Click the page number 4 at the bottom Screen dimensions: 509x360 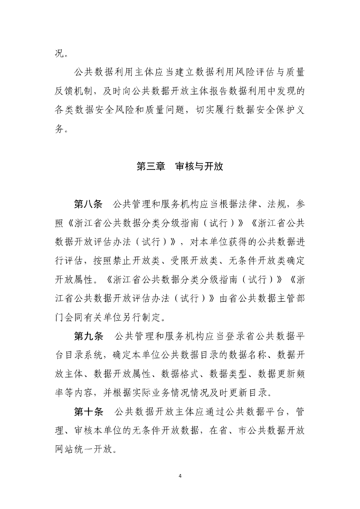180,476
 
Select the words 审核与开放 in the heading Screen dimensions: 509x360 199,167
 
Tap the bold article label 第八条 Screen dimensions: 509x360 88,204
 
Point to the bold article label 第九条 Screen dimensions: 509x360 88,336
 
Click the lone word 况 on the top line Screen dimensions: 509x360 60,54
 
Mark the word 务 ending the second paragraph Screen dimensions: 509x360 60,129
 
